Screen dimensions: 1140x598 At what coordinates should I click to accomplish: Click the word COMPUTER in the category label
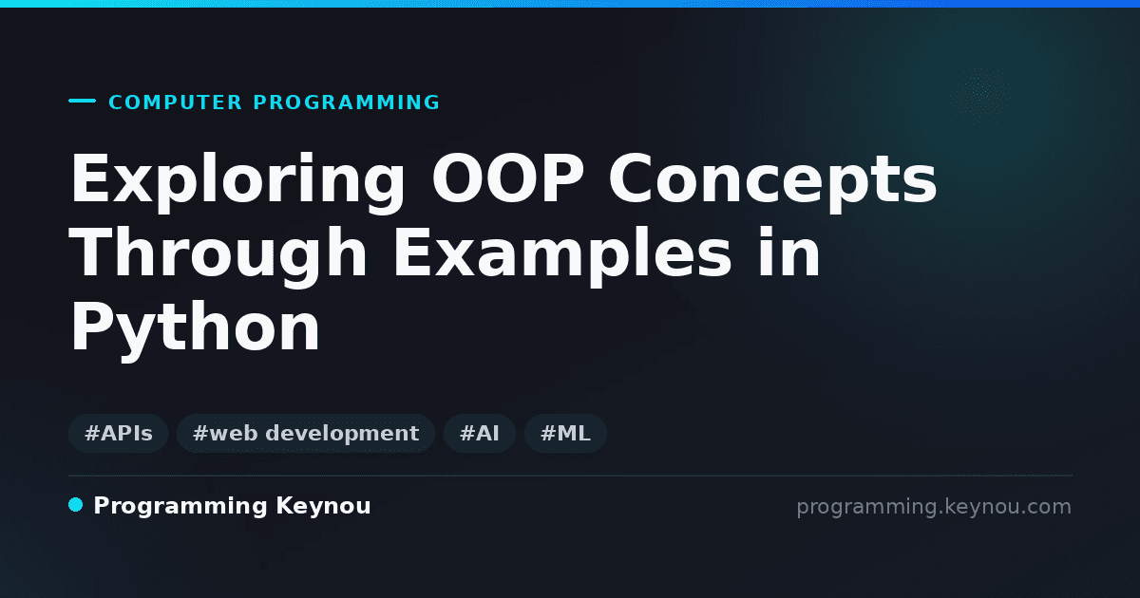click(175, 103)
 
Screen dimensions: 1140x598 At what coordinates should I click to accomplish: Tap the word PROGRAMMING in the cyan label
click(346, 103)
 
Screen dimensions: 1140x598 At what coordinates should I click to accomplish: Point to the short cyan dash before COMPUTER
click(82, 101)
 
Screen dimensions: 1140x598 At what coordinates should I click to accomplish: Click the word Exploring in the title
click(237, 181)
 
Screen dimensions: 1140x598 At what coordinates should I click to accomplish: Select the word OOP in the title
click(507, 178)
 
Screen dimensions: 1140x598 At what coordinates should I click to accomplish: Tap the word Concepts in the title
click(772, 181)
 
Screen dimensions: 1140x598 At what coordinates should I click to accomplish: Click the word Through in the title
click(218, 254)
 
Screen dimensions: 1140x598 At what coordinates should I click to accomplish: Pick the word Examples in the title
click(561, 254)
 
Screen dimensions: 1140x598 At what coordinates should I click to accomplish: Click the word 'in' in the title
click(788, 252)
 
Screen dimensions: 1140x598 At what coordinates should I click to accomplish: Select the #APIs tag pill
click(118, 433)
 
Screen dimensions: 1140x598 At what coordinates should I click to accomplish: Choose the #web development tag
click(305, 433)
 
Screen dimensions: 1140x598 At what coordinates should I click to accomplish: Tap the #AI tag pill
click(480, 433)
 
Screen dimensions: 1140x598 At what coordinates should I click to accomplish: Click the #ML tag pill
click(565, 433)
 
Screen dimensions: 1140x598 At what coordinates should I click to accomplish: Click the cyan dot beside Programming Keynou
click(75, 505)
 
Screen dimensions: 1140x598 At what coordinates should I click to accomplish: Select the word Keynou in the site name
click(323, 506)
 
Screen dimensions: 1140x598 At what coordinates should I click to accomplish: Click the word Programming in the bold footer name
click(180, 507)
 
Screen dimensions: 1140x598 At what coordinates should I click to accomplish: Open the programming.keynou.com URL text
click(934, 508)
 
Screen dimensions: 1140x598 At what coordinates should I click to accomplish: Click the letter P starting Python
click(88, 326)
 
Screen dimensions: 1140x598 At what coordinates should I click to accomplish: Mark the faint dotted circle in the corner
click(982, 96)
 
